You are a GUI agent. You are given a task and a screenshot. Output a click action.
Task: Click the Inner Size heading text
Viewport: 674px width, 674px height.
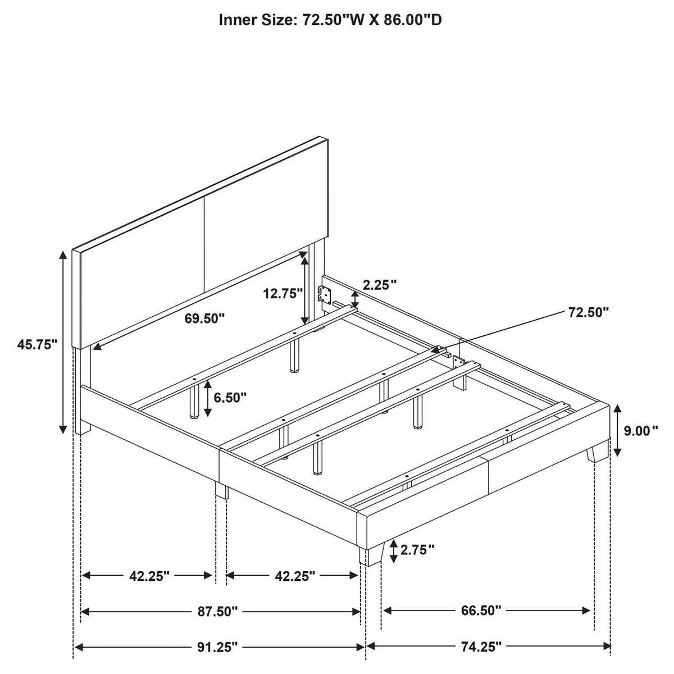pos(330,20)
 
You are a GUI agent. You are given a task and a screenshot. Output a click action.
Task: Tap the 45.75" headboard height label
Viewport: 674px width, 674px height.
pos(37,344)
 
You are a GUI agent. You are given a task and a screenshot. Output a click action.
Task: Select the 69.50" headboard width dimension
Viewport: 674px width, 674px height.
pos(204,318)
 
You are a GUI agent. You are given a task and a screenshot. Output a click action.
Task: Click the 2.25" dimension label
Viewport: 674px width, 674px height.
pos(380,285)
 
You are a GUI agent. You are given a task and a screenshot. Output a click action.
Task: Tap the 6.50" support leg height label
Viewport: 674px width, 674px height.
pos(230,397)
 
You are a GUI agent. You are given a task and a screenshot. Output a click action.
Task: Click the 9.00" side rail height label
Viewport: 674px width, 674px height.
pos(641,431)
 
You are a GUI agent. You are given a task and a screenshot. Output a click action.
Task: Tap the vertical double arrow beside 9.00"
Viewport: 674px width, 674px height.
pos(618,430)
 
